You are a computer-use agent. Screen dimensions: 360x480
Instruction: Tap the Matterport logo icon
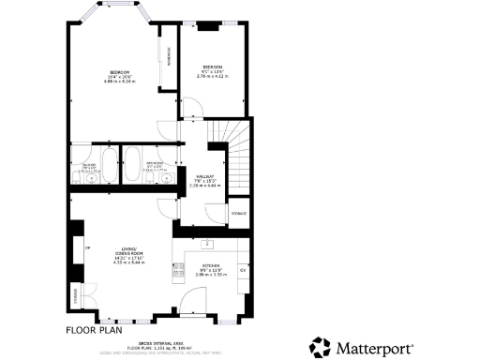tap(321, 346)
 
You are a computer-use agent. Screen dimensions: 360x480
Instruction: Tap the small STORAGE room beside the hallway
tap(238, 214)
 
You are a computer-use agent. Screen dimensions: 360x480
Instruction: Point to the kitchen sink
tap(208, 245)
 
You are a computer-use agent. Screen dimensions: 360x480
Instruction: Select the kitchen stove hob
tap(178, 272)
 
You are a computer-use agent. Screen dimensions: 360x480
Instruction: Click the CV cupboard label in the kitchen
tap(242, 269)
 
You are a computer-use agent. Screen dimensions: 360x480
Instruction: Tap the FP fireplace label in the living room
tap(87, 247)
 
